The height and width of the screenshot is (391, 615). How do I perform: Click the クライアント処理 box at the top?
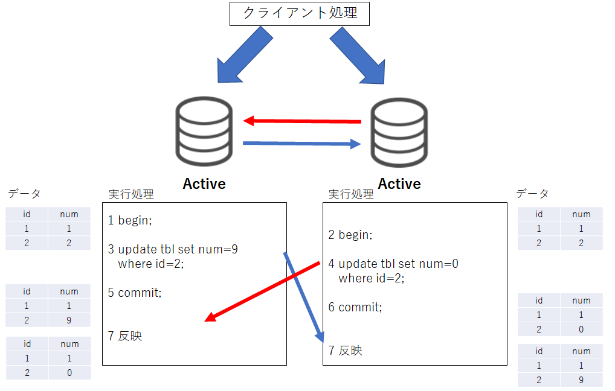coord(299,14)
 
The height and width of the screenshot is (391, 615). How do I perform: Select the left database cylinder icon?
coord(204,132)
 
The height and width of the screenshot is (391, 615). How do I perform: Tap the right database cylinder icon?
coord(399,132)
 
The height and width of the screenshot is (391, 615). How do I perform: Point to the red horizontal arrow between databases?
coord(302,121)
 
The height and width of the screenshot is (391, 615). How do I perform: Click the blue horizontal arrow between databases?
coord(302,144)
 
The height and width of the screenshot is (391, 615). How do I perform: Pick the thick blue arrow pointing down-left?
coord(245,55)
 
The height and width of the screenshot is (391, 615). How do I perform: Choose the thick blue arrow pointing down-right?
coord(358,56)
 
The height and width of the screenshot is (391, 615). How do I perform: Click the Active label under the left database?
coord(204,184)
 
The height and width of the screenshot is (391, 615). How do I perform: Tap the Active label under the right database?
coord(399,184)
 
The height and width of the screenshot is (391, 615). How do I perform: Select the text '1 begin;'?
coord(130,220)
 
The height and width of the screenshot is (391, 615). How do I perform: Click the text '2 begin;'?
coord(350,235)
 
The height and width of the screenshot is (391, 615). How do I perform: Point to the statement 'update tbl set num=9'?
coord(178,249)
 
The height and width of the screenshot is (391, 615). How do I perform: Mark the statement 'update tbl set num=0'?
coord(399,264)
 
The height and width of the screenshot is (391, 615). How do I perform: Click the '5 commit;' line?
coord(135,293)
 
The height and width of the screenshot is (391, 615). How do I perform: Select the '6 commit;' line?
coord(355,307)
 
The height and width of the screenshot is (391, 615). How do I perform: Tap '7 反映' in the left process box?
coord(124,335)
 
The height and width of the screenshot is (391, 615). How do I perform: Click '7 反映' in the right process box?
coord(345,350)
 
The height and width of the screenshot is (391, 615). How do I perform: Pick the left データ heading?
coord(24,193)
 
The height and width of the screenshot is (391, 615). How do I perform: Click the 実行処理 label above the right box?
coord(351,194)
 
